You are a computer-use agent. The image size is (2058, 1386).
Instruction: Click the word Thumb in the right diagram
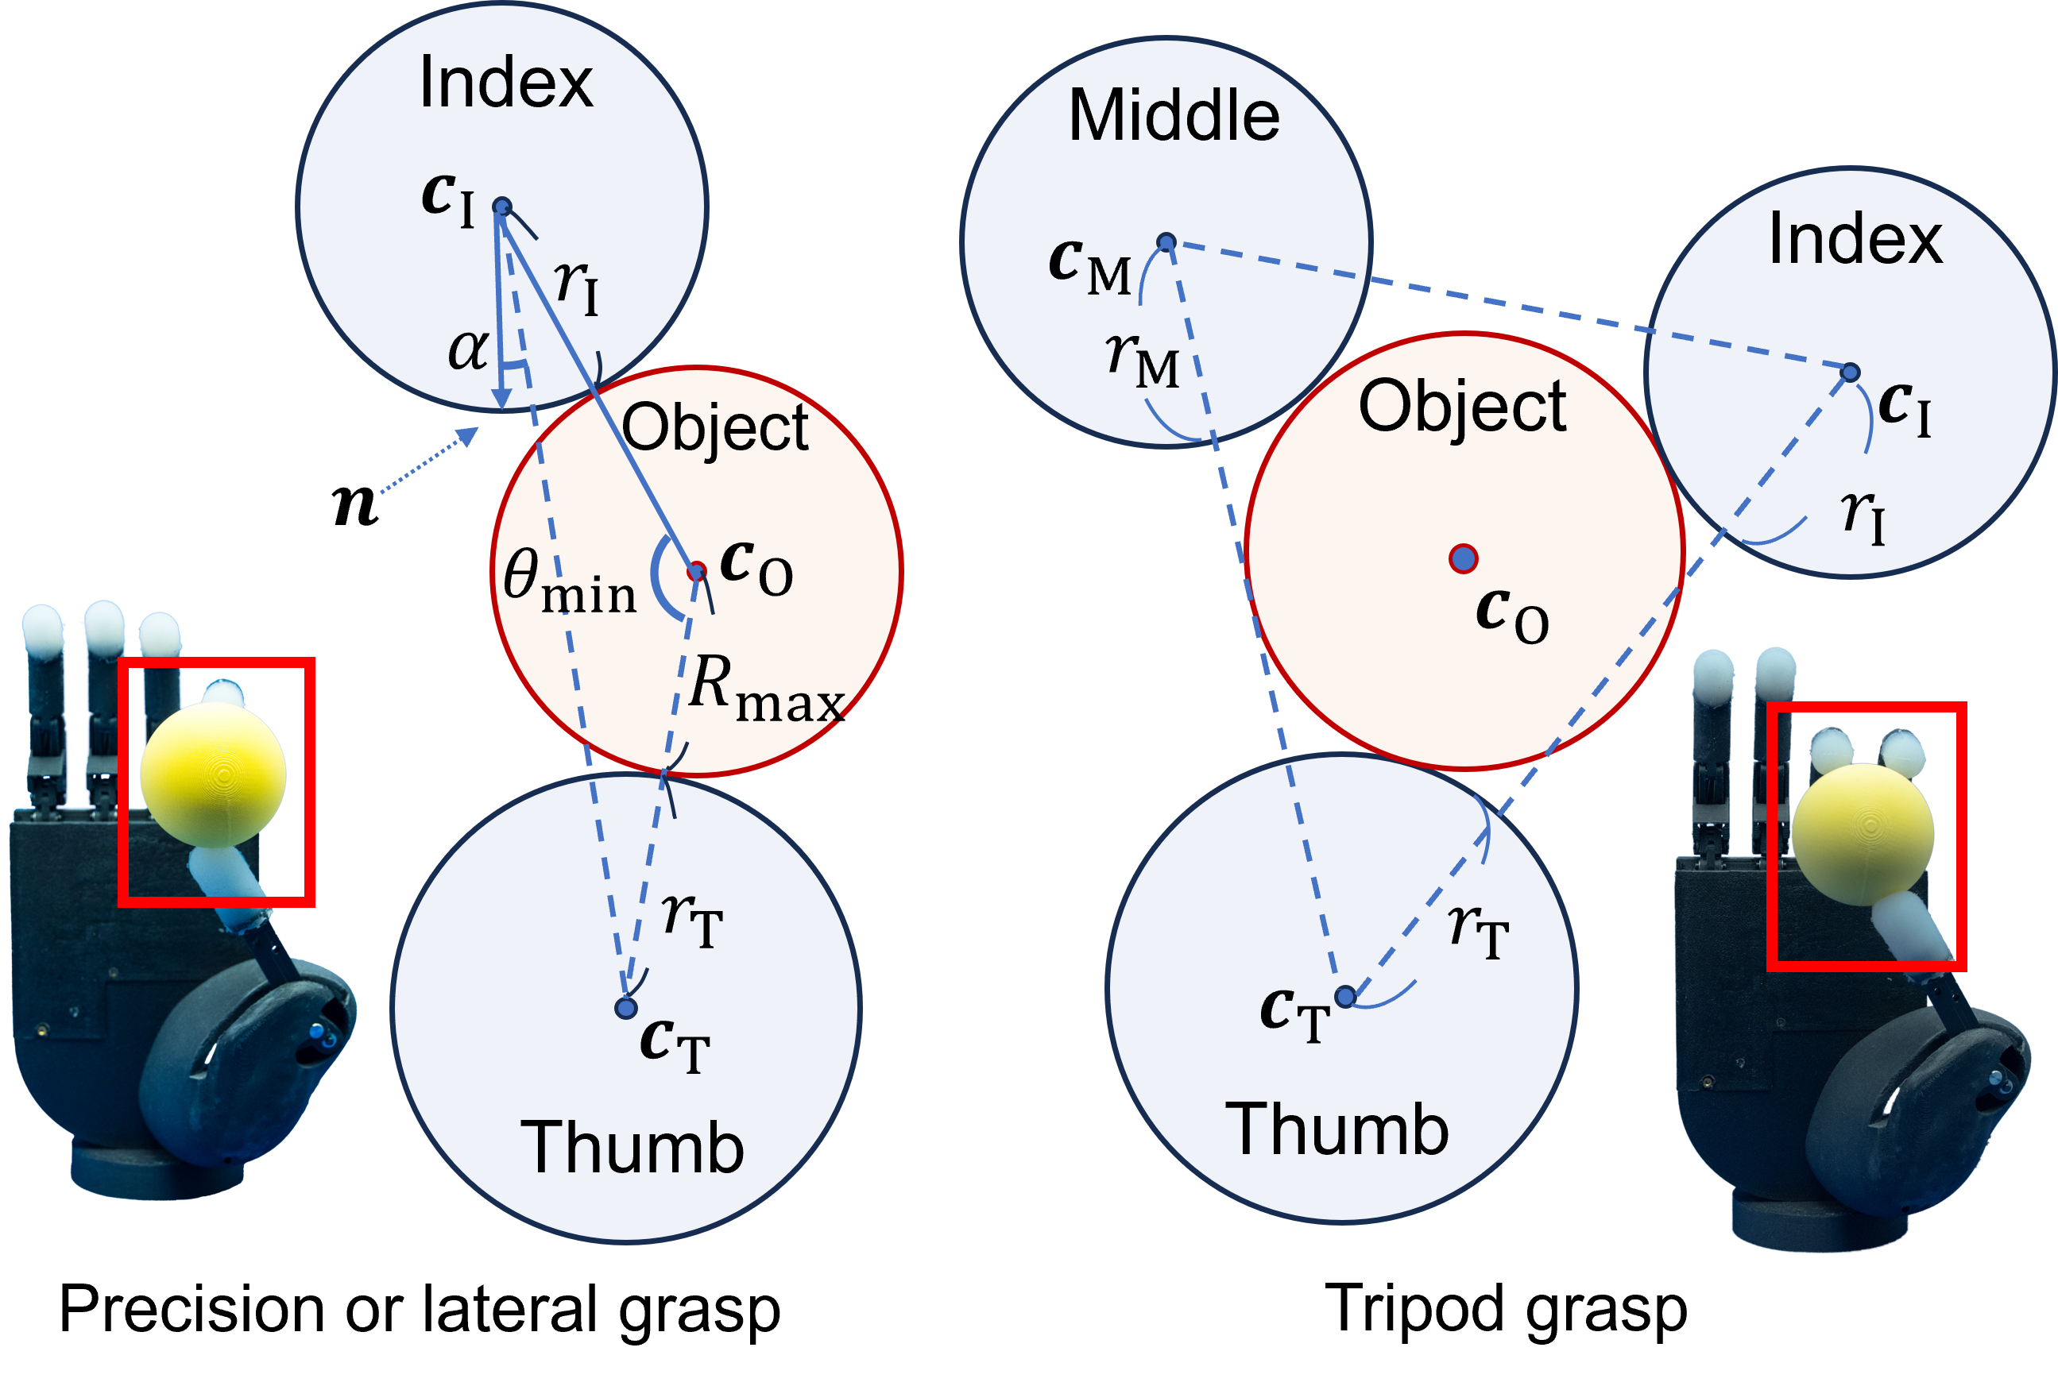(x=1336, y=1129)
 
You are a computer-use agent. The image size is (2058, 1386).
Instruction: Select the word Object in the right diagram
(x=1462, y=406)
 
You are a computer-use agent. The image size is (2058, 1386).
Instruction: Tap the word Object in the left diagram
(x=714, y=428)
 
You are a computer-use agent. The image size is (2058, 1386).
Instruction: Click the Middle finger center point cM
(x=1166, y=242)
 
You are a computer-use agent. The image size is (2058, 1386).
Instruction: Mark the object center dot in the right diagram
(x=1463, y=558)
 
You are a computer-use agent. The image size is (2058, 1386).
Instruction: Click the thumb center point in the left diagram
(x=626, y=1008)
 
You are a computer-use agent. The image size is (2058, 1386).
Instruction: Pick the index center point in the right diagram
(x=1851, y=373)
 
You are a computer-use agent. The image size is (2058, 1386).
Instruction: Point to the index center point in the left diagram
(x=501, y=207)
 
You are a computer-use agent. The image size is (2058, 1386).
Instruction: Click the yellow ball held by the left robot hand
(x=213, y=774)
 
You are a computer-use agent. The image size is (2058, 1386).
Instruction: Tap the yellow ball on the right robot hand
(x=1863, y=833)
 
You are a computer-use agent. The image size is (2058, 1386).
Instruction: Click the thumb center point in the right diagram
(x=1344, y=997)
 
